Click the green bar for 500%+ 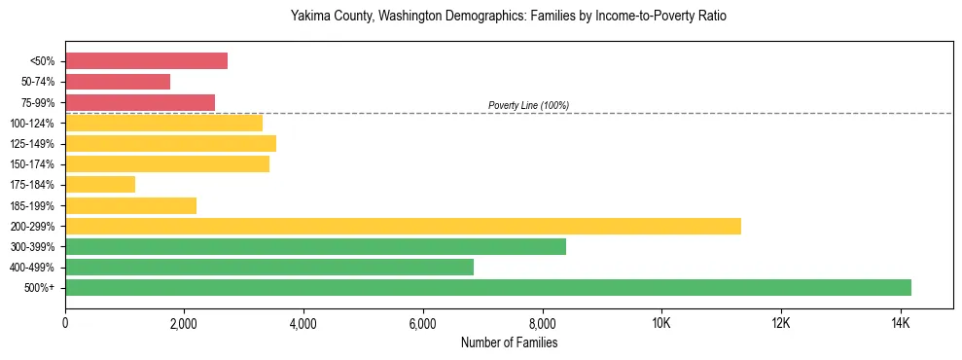(x=488, y=287)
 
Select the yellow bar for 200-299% (x=403, y=226)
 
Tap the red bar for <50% (x=146, y=61)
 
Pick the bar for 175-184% (x=100, y=184)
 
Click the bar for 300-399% (x=315, y=246)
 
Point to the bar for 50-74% (x=118, y=82)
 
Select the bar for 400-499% (x=269, y=267)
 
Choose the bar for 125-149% (x=170, y=143)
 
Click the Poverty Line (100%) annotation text (x=528, y=105)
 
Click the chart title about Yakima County (x=509, y=17)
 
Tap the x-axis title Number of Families (x=509, y=342)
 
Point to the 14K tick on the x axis (x=900, y=322)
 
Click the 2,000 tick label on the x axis (x=184, y=322)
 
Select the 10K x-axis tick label (x=661, y=322)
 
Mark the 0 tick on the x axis (x=65, y=322)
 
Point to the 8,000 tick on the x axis (x=542, y=322)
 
